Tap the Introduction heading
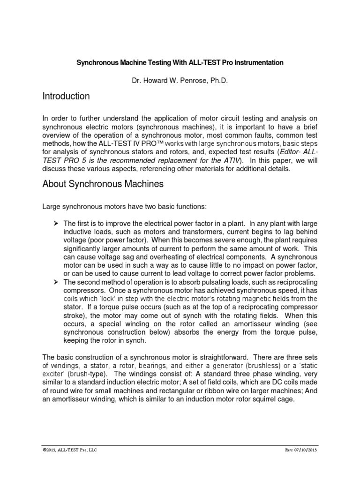coord(66,96)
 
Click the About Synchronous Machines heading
coord(103,184)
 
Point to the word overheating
coord(148,257)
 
